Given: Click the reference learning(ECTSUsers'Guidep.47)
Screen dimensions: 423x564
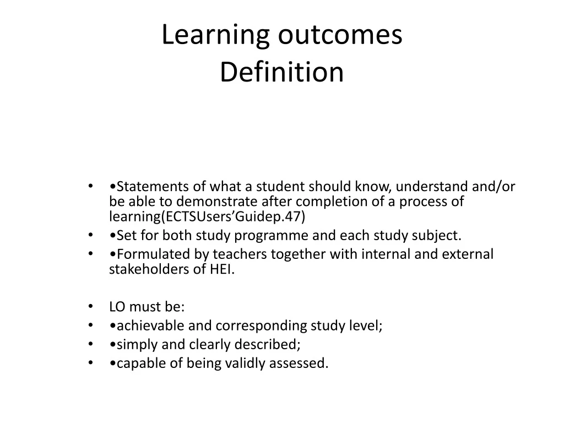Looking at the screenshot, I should pyautogui.click(x=207, y=216).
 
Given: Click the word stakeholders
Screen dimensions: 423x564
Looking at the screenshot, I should pyautogui.click(x=143, y=269).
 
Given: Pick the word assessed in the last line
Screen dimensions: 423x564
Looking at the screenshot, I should pyautogui.click(x=304, y=364).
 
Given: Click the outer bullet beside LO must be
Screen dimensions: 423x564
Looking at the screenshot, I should pyautogui.click(x=90, y=307).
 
